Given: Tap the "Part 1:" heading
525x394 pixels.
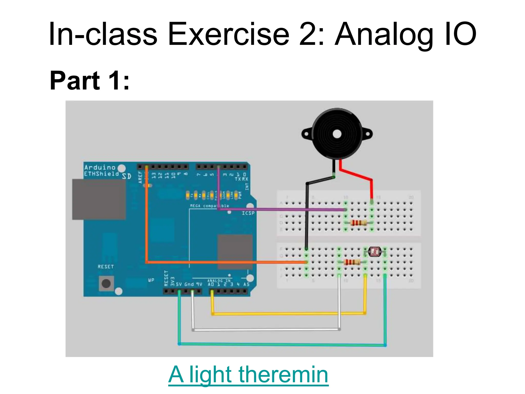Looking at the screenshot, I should pos(89,81).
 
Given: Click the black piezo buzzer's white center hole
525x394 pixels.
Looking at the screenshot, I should pos(337,134).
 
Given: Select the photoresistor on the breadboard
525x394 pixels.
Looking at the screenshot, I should pos(375,252).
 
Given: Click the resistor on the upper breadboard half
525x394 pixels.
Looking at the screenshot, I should pos(358,223).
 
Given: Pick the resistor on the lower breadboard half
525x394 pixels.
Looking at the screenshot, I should pos(352,262).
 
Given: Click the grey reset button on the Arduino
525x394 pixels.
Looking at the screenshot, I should pos(106,283).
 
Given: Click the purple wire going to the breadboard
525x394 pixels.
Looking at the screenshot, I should pos(282,210).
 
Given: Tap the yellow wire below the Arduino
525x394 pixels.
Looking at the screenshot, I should pos(287,313).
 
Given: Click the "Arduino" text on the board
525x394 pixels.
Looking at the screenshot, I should pos(100,168).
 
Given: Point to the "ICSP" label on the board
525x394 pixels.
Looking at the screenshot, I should pos(248,213).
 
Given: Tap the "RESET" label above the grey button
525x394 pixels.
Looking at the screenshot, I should pos(105,267).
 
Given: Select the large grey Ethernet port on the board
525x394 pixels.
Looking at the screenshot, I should pos(99,199).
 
